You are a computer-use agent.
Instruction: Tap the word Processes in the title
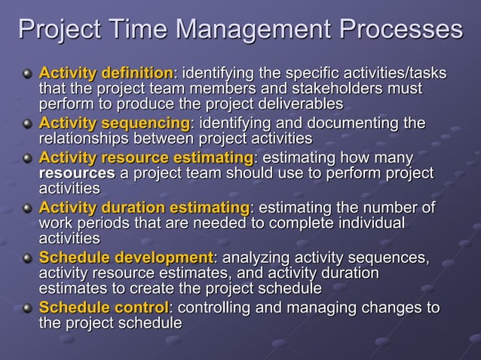[400, 29]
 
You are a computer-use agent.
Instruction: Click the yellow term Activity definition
[106, 74]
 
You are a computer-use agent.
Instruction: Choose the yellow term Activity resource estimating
[146, 157]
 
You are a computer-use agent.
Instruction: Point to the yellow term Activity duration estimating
[143, 207]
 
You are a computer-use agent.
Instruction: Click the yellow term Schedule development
[126, 258]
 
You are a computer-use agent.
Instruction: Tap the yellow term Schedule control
[104, 308]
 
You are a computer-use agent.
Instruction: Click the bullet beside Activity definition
[27, 75]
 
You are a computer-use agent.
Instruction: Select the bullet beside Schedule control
[27, 309]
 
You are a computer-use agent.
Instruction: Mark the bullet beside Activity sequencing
[27, 124]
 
